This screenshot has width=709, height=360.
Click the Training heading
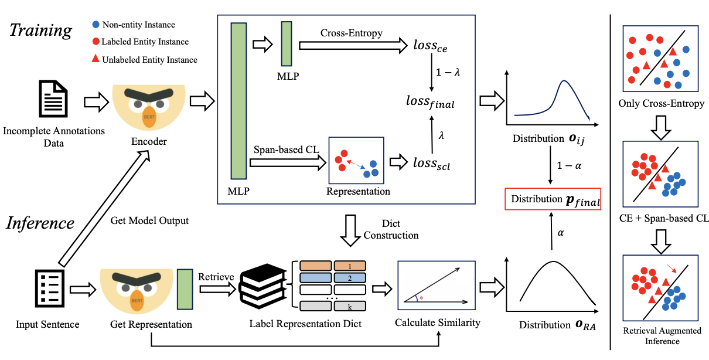[41, 30]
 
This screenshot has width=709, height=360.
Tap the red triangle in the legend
[96, 59]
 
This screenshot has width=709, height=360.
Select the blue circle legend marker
[96, 25]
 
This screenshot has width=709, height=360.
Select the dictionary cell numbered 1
[349, 265]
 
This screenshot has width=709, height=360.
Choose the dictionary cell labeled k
[349, 305]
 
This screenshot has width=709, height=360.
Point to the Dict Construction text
[391, 229]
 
